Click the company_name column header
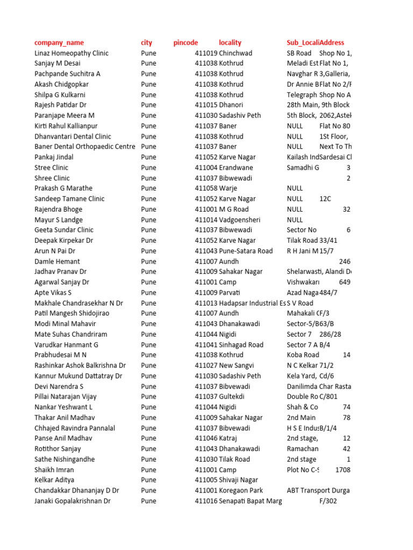point(59,42)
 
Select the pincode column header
point(186,42)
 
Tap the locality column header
point(230,42)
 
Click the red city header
point(146,42)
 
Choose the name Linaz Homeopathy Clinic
point(72,53)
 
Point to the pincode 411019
point(206,53)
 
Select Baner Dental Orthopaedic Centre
point(84,147)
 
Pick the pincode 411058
point(206,189)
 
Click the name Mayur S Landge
point(59,220)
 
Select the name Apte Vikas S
point(53,293)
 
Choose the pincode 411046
point(206,438)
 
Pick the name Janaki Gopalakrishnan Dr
point(73,501)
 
